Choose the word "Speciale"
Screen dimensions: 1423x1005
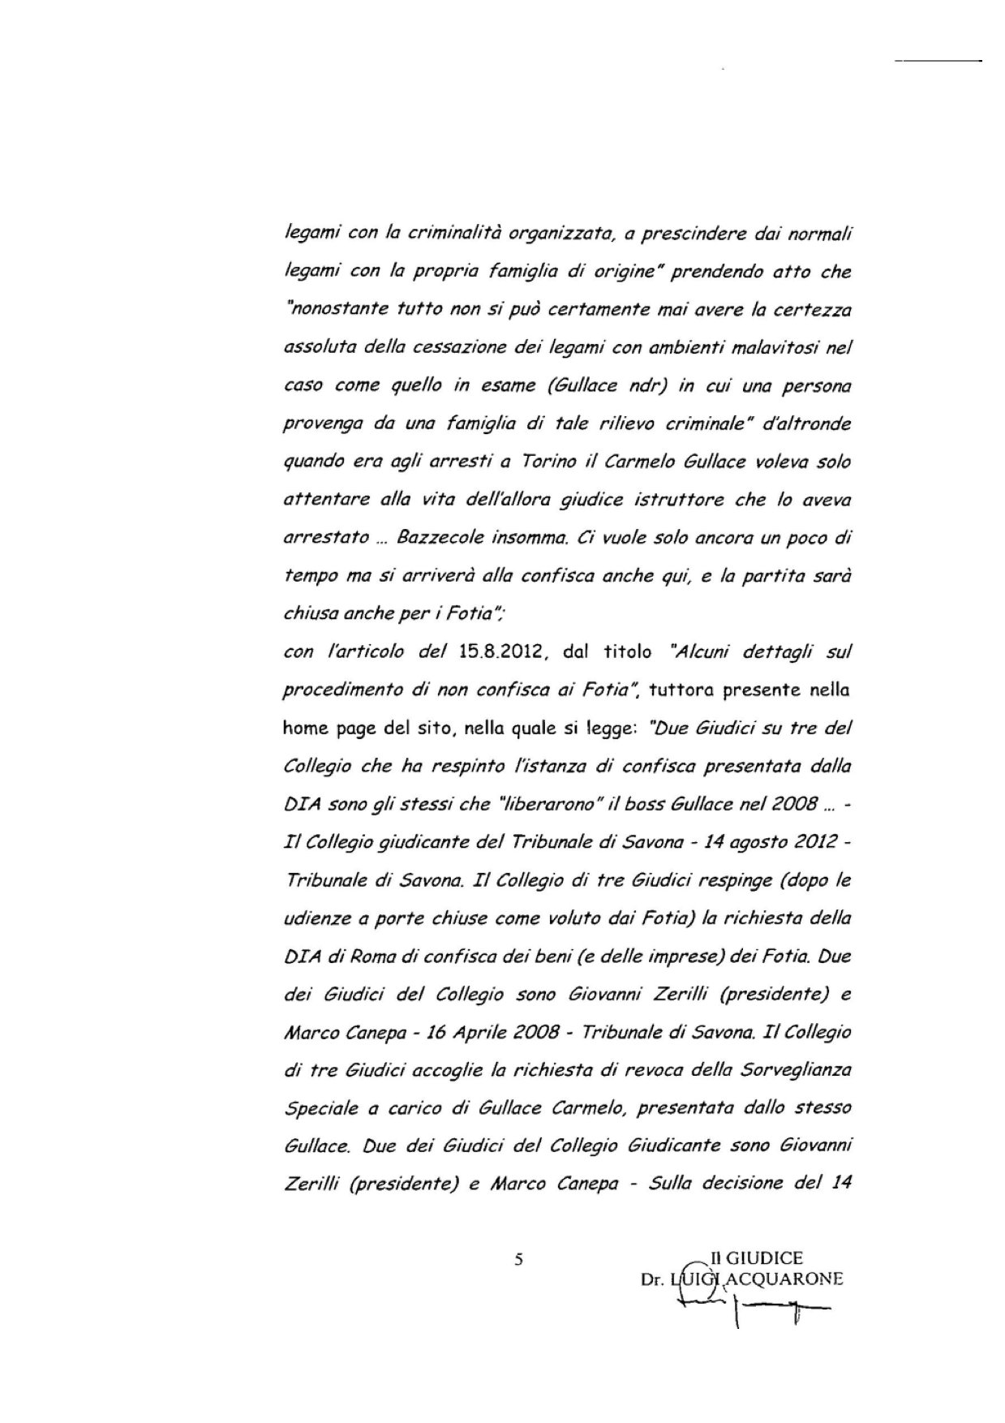click(317, 1109)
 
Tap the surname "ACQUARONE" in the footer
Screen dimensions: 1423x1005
click(784, 1279)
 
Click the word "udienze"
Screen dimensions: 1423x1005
click(311, 919)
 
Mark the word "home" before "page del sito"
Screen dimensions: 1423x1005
click(303, 729)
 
